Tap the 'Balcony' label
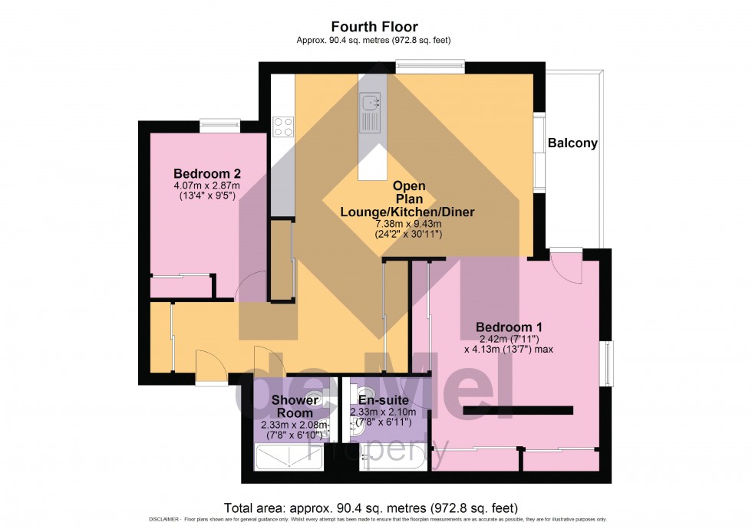click(x=572, y=143)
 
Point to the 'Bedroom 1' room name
click(x=510, y=326)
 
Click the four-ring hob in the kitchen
click(x=283, y=126)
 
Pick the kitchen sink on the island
click(x=371, y=100)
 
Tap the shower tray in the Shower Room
click(x=287, y=458)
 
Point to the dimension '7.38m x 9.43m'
click(x=407, y=224)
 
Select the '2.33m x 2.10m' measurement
click(x=383, y=412)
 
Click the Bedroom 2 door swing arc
click(x=249, y=287)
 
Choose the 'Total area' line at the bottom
click(x=371, y=508)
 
